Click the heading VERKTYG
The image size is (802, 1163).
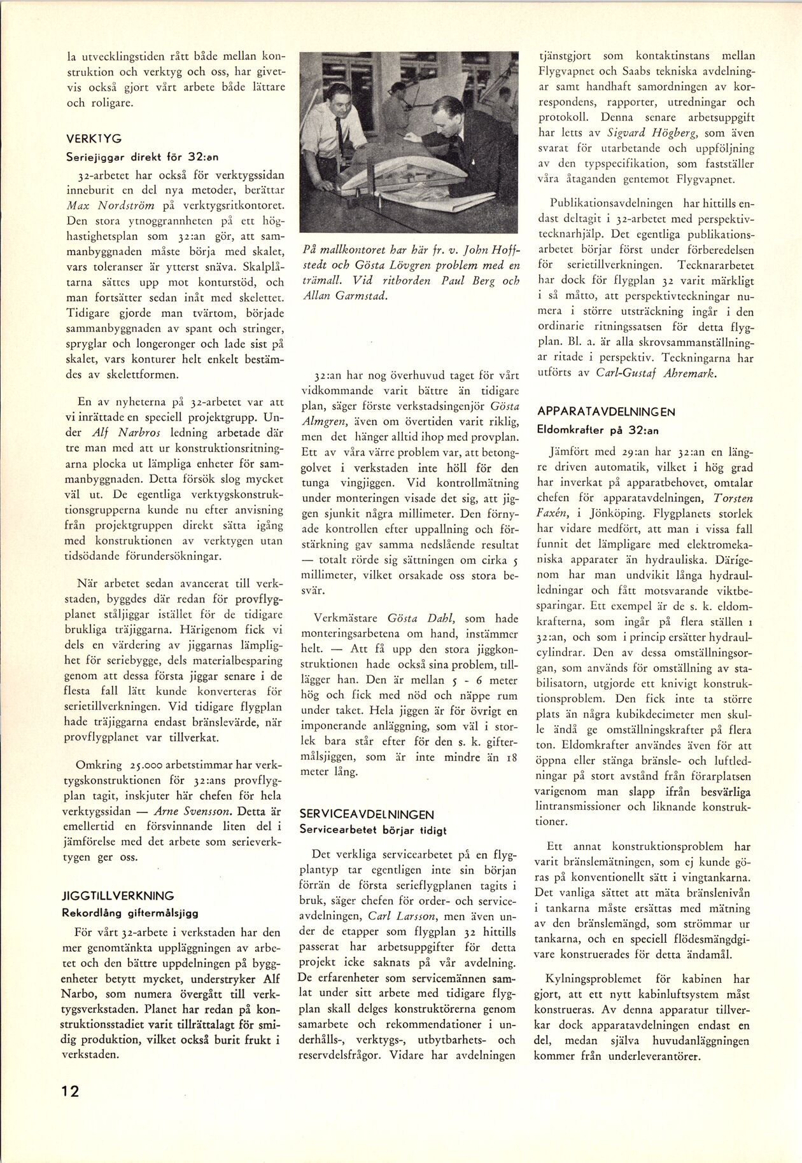94,138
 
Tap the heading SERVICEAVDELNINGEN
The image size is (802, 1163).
367,814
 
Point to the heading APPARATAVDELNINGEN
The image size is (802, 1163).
606,412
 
